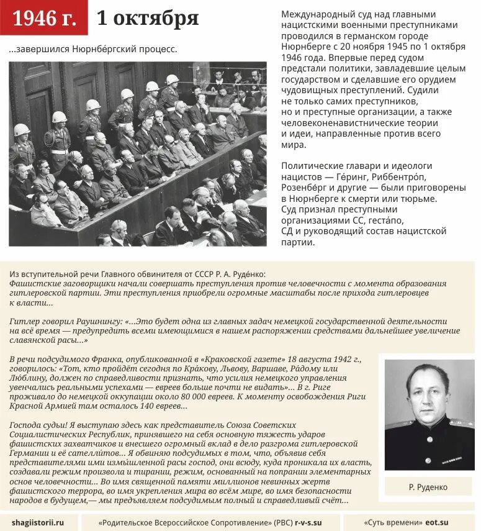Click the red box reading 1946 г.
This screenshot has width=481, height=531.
tap(44, 19)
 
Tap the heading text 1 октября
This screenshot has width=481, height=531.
tap(148, 19)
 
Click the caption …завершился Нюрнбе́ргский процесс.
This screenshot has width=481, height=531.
tap(93, 50)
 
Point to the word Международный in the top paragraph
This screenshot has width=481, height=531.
tap(314, 14)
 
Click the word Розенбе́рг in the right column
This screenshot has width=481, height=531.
tap(308, 187)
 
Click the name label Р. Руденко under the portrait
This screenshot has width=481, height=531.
tap(428, 487)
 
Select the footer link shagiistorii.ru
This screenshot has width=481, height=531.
tap(37, 522)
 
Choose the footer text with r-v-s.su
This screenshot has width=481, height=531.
tap(210, 522)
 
